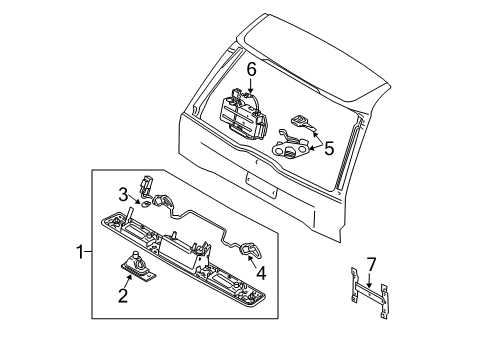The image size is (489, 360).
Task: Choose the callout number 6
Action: (253, 69)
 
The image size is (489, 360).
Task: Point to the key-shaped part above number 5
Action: (301, 122)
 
